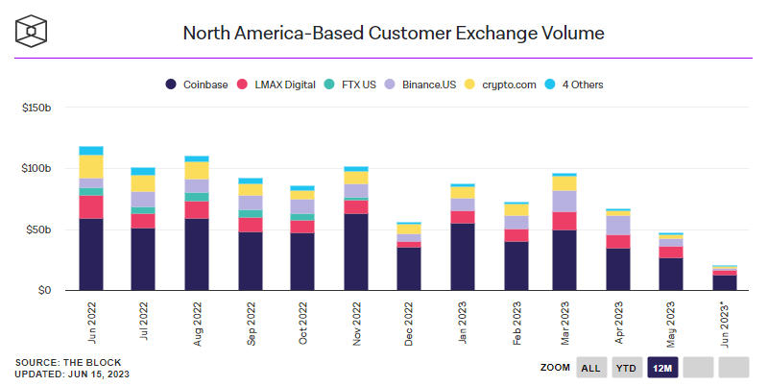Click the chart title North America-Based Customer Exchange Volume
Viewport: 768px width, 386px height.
(x=394, y=34)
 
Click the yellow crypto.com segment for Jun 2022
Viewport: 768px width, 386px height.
(x=91, y=166)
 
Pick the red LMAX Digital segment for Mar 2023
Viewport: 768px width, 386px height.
(x=564, y=221)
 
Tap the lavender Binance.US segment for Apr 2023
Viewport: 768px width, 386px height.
(x=617, y=225)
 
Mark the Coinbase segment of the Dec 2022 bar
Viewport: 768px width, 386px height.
(x=408, y=269)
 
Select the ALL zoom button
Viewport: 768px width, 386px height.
(x=591, y=367)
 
